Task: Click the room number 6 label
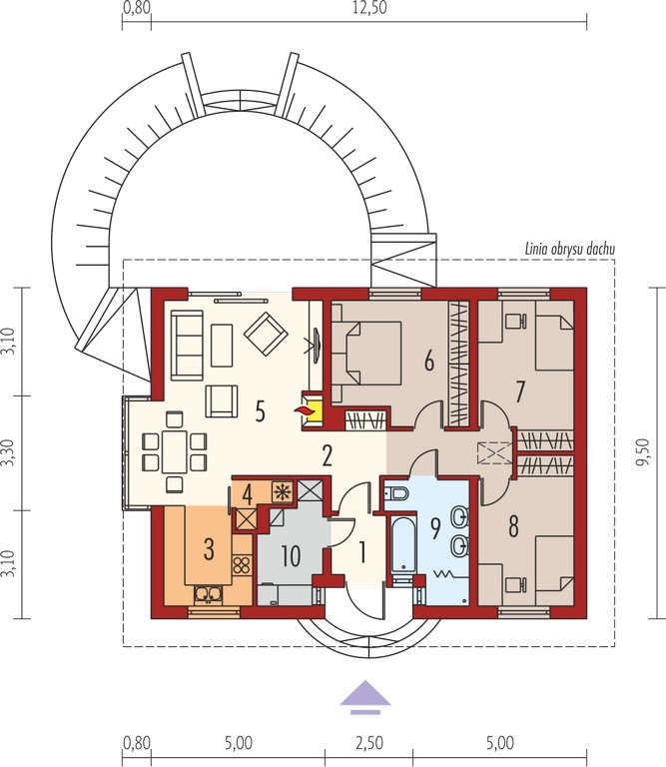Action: click(x=428, y=361)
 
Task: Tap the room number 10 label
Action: click(x=291, y=555)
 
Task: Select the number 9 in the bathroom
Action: click(x=434, y=527)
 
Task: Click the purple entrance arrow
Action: click(x=364, y=696)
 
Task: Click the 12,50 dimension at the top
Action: click(x=369, y=8)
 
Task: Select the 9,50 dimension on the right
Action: click(x=642, y=452)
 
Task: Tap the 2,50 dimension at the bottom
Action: click(x=369, y=743)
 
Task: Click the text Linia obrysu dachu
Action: click(x=570, y=249)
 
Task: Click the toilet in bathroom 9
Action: click(x=396, y=494)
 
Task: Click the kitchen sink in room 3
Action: click(x=209, y=594)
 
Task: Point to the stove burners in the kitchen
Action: click(x=242, y=565)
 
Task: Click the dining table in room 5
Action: click(x=175, y=451)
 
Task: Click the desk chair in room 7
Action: click(x=515, y=321)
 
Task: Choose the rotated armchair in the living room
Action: click(x=266, y=334)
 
